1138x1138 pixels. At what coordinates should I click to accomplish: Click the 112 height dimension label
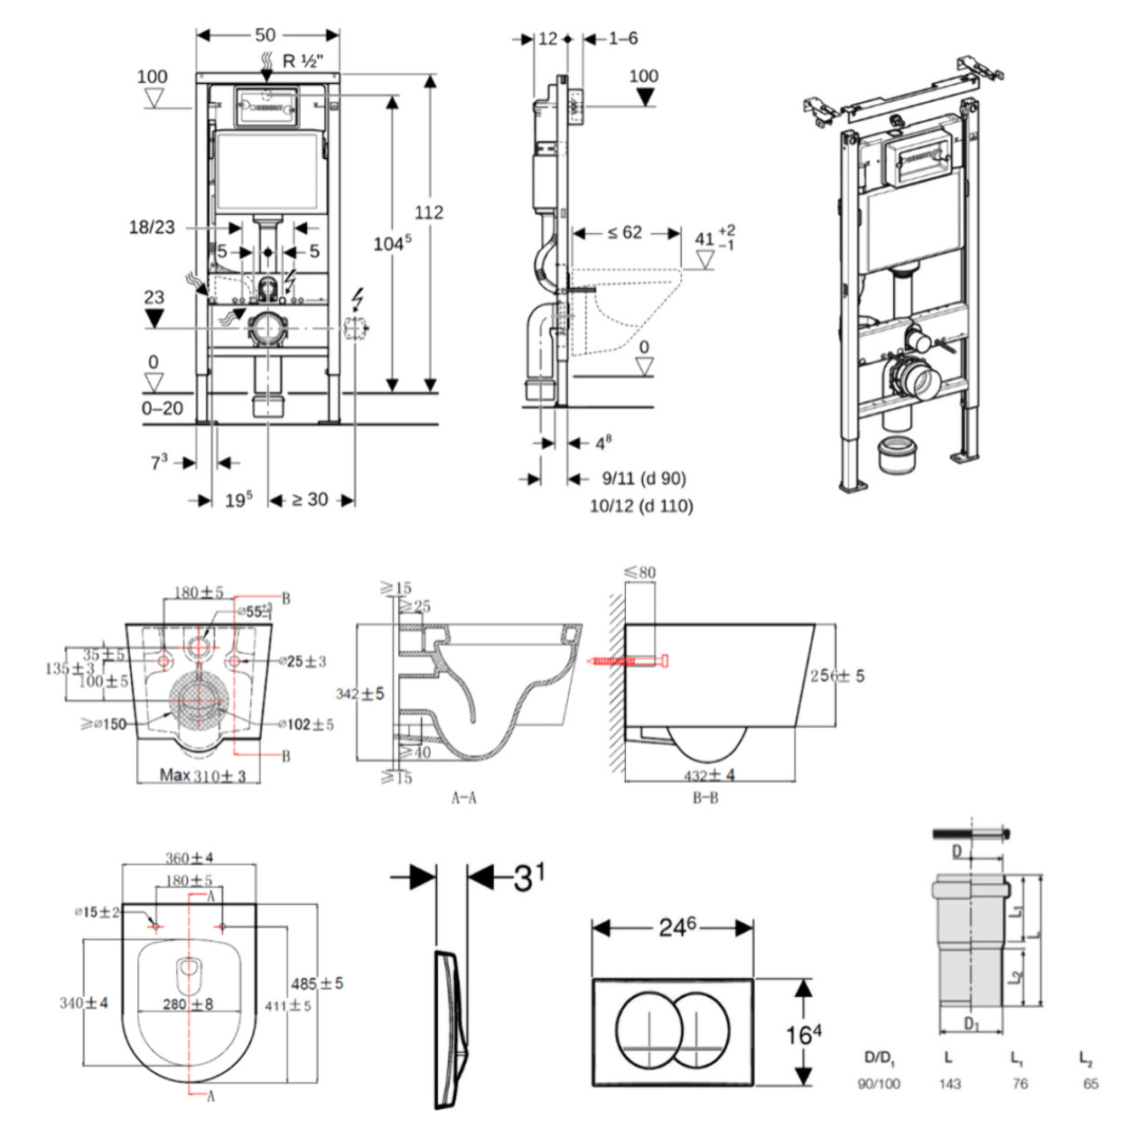[x=429, y=212]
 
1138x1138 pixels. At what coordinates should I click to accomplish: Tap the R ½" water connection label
[x=303, y=61]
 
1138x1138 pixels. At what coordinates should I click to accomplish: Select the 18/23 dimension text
[x=152, y=228]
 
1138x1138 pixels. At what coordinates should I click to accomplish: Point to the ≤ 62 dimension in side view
[x=625, y=233]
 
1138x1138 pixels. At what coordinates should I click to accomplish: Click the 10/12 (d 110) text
[x=641, y=506]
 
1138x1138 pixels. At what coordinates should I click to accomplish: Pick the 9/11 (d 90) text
[x=644, y=479]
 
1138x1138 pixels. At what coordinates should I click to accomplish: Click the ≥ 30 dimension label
[x=310, y=499]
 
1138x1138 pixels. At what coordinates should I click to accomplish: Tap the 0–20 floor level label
[x=163, y=408]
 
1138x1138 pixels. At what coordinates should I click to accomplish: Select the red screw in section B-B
[x=629, y=662]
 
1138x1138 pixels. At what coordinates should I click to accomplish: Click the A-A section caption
[x=464, y=798]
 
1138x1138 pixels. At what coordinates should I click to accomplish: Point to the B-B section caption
[x=705, y=798]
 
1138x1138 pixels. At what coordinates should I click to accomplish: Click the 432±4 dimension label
[x=709, y=775]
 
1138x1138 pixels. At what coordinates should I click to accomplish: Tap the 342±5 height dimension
[x=359, y=694]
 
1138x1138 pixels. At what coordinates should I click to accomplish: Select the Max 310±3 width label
[x=202, y=775]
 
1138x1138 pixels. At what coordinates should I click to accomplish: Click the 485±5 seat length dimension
[x=317, y=984]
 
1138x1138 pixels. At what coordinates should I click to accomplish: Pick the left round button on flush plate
[x=649, y=1031]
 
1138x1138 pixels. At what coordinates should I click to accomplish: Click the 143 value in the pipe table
[x=950, y=1084]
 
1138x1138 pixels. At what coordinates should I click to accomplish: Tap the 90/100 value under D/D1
[x=879, y=1084]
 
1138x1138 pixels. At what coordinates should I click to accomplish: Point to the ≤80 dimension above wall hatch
[x=640, y=572]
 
